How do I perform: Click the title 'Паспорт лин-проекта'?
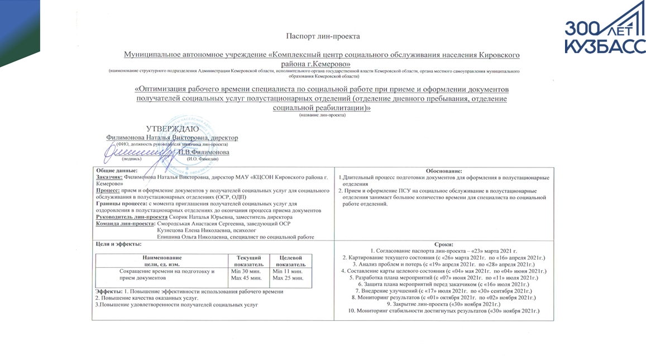click(x=323, y=36)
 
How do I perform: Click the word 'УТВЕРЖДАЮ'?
click(x=172, y=129)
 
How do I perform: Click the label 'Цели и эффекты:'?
click(x=115, y=244)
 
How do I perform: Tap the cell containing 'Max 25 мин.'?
click(x=288, y=278)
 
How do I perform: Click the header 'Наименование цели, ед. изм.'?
click(x=162, y=261)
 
